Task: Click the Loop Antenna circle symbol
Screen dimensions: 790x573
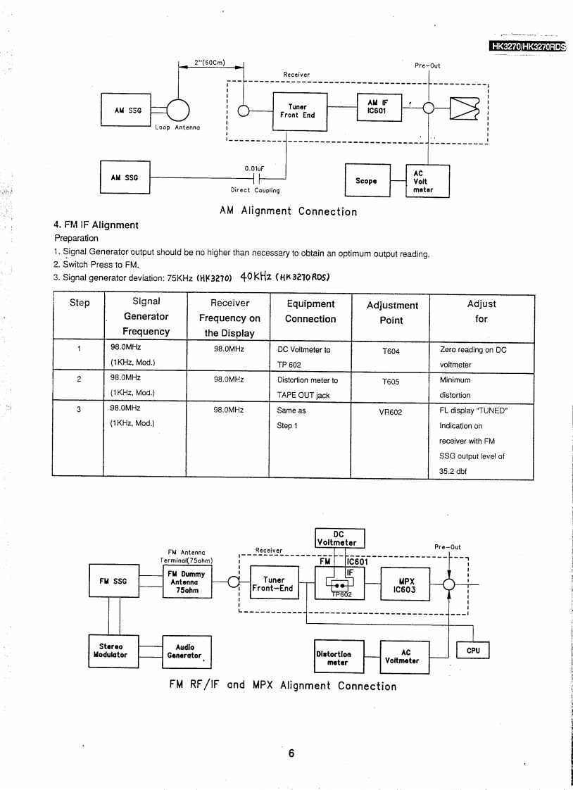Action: coord(179,110)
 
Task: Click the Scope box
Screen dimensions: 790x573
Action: coord(366,181)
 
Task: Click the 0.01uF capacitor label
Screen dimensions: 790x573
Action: coord(254,168)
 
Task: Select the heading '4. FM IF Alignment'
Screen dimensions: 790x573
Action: coord(96,225)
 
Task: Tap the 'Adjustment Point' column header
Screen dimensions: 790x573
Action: coord(392,313)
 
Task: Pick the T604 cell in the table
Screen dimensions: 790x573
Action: coord(391,350)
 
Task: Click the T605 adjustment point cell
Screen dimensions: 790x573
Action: coord(391,381)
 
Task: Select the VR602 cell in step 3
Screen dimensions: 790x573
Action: coord(391,412)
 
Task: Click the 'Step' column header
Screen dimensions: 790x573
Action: coord(80,303)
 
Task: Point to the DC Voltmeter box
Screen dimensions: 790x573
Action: coord(339,538)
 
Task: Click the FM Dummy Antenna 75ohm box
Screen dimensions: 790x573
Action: coord(187,582)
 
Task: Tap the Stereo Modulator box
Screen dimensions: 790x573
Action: coord(110,651)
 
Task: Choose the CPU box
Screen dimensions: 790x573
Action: coord(473,651)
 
